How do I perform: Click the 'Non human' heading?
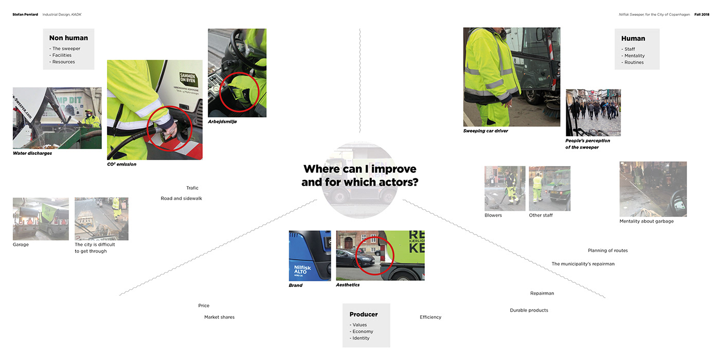coord(68,38)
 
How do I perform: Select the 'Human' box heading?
coord(633,39)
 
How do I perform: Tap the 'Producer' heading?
coord(364,314)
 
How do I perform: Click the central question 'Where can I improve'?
coord(359,169)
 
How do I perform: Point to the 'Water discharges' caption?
coord(32,153)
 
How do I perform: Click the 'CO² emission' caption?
coord(121,165)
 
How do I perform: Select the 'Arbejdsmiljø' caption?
coord(223,122)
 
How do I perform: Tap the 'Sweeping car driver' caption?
coord(485,131)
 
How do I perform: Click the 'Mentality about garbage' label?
coord(646,221)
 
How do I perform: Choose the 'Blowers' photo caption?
coord(493,215)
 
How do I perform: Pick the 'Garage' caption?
coord(21,245)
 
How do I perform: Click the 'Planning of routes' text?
coord(608,250)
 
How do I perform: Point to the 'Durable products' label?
coord(529,310)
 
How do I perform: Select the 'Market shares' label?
coord(219,317)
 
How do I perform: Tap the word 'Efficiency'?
coord(430,317)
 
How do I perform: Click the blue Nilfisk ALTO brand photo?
coord(310,255)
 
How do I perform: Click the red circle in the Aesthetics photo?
coord(374,256)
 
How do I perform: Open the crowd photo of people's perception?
coord(593,113)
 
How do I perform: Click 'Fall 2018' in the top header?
coord(701,14)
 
